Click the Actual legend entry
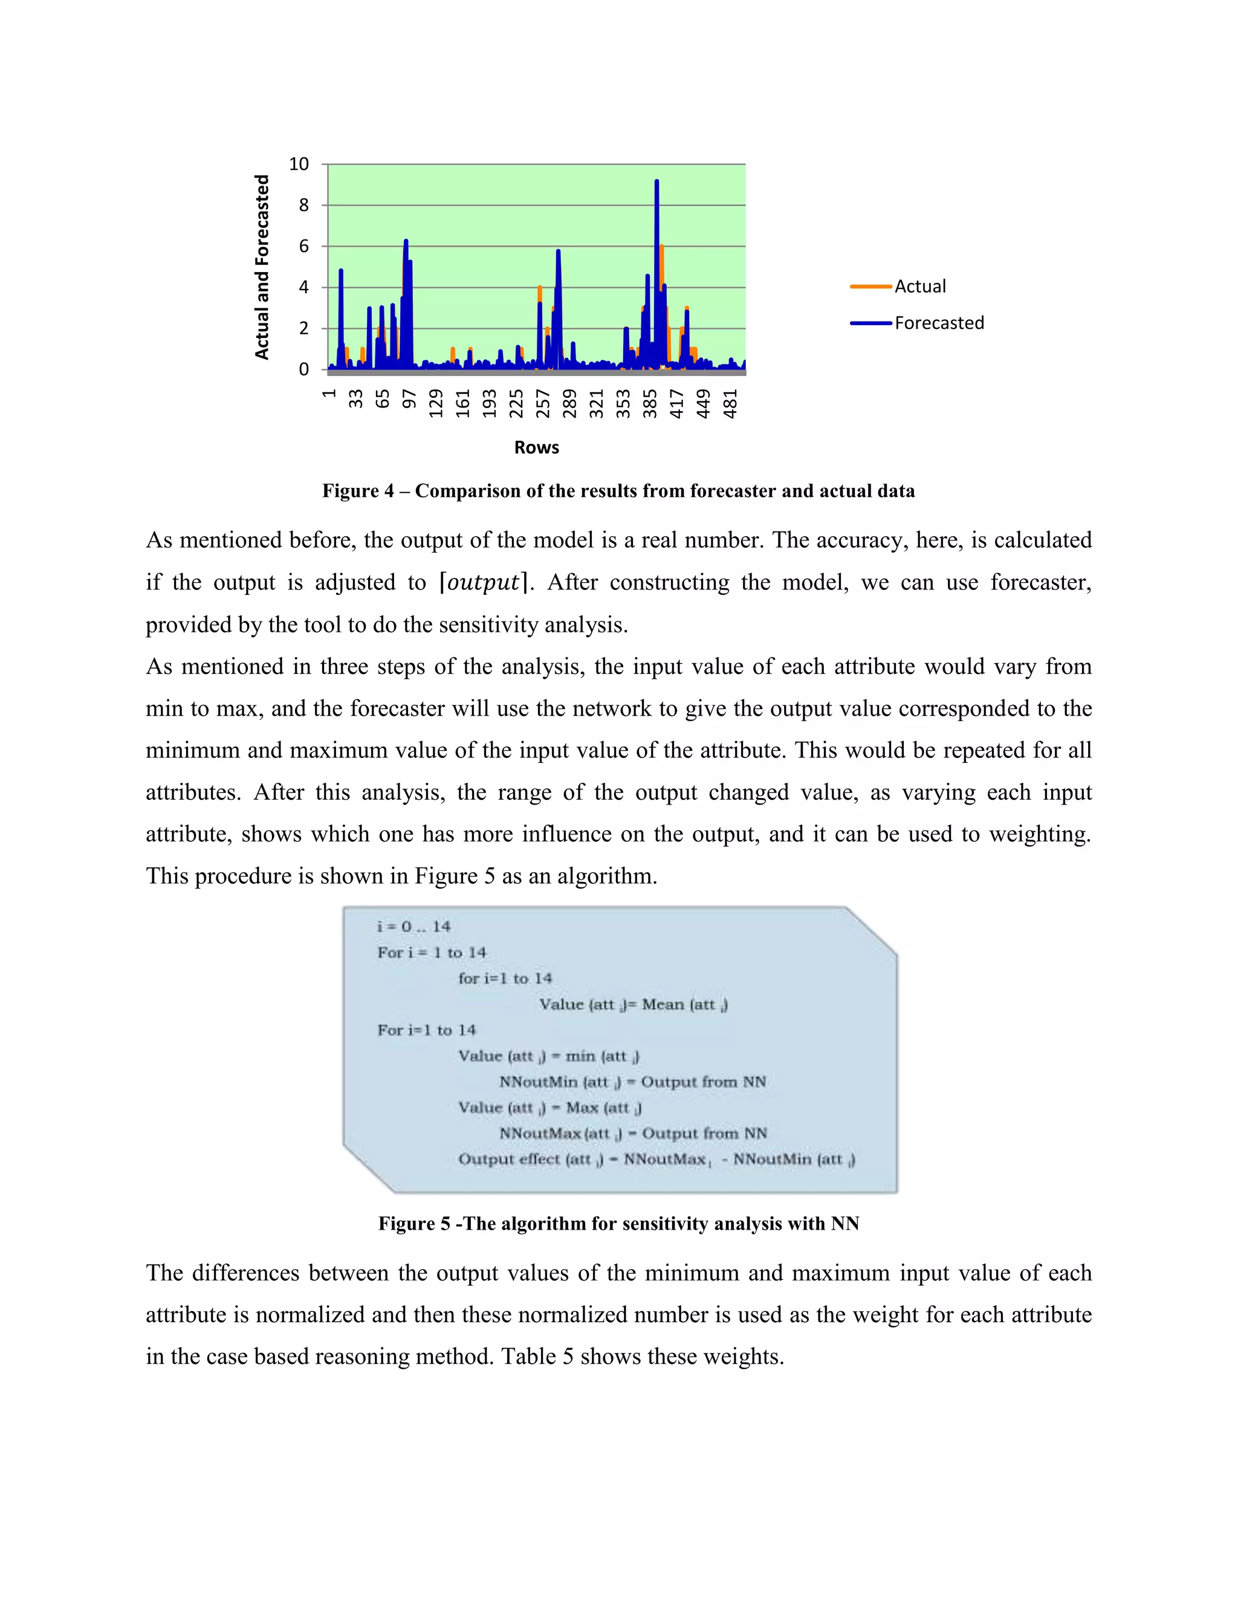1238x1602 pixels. (919, 286)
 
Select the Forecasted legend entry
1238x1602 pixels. (939, 323)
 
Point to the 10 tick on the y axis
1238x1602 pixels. (299, 164)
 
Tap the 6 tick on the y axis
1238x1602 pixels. (303, 247)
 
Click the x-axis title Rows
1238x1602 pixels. (536, 447)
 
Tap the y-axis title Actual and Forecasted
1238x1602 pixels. (262, 267)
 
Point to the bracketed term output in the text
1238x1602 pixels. (484, 582)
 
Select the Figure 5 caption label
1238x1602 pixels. (414, 1224)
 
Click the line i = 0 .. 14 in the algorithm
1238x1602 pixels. (413, 926)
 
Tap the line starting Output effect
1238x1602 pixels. (656, 1159)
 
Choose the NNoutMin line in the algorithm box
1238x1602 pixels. (632, 1082)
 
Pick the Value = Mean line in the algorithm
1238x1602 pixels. (633, 1004)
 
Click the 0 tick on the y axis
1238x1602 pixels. (303, 370)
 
